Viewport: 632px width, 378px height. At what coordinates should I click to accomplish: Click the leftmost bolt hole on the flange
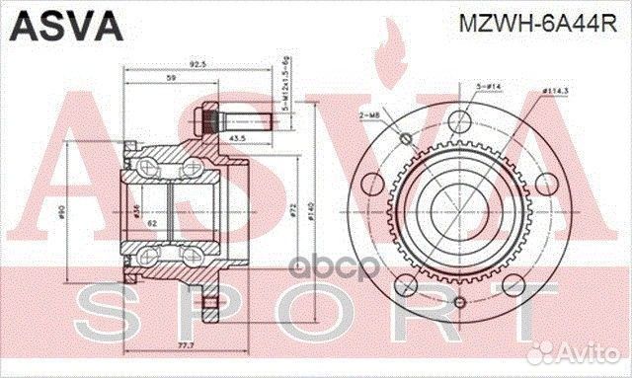[371, 185]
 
